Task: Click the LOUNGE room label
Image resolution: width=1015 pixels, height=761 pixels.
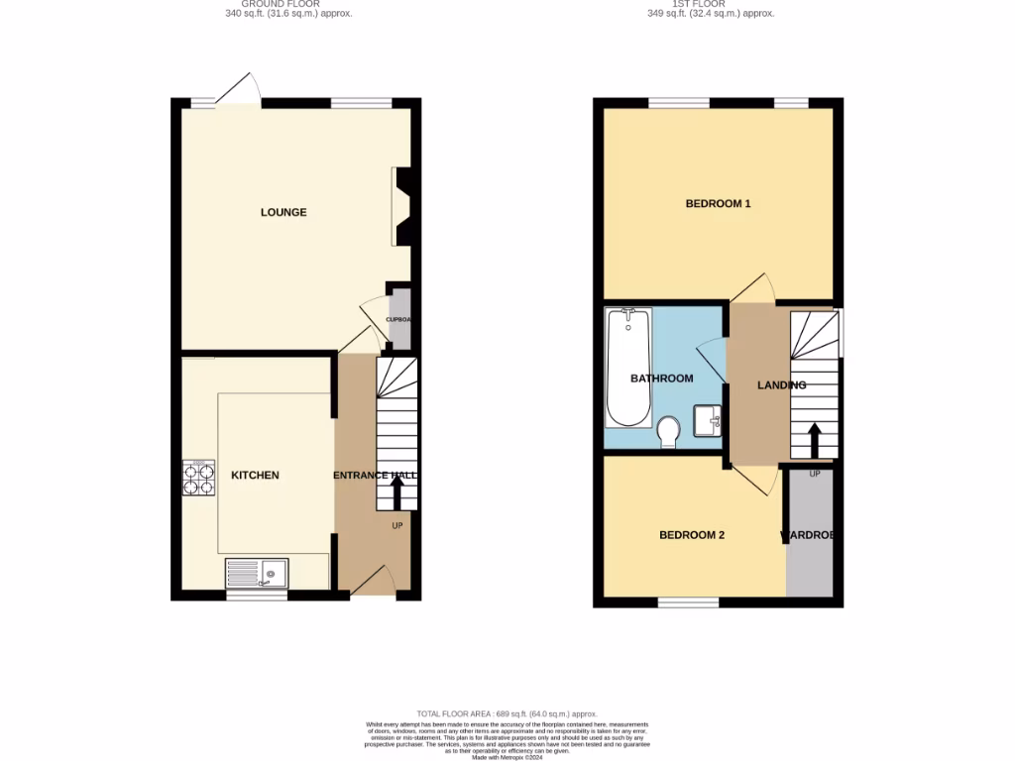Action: (283, 212)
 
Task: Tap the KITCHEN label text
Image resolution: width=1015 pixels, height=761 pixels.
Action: (255, 476)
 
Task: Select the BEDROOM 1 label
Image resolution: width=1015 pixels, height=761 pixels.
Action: (718, 204)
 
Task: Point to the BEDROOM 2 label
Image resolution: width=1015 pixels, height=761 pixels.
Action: (692, 535)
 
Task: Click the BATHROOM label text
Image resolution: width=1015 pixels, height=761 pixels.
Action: (661, 379)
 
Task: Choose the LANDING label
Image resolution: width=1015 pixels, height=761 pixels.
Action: (781, 385)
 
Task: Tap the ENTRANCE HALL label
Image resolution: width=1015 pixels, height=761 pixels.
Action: (374, 477)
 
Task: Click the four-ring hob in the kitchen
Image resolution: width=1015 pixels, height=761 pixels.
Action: (197, 479)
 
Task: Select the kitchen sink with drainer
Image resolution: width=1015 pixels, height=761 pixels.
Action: (257, 573)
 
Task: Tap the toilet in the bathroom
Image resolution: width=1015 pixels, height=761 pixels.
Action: (668, 429)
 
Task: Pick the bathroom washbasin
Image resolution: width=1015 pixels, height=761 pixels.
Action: (708, 420)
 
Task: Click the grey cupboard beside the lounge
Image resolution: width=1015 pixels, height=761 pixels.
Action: (400, 319)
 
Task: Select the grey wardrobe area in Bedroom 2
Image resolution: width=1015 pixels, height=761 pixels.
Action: (810, 535)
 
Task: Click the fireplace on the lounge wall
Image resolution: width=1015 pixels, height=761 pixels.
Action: (402, 206)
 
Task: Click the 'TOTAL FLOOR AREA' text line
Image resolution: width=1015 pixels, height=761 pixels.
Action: (507, 714)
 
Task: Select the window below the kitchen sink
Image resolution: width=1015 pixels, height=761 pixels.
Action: (257, 597)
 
